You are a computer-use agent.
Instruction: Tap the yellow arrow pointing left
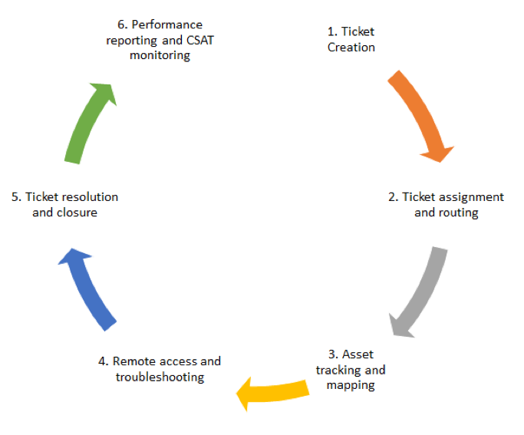[276, 390]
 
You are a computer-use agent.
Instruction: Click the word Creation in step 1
[351, 48]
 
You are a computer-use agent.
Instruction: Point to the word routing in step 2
[458, 213]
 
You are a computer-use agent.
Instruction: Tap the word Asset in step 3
[358, 354]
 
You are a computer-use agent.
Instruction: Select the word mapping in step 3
[351, 385]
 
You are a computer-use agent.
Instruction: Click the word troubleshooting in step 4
[160, 377]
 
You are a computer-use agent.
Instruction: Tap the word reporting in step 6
[130, 40]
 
